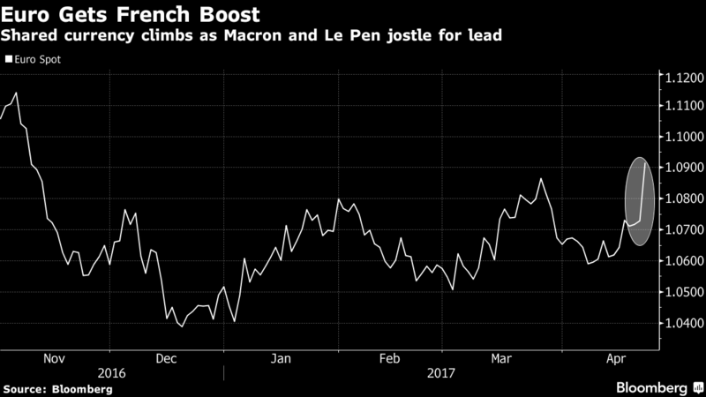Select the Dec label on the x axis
click(x=167, y=359)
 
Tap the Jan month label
click(x=281, y=359)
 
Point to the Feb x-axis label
click(x=389, y=359)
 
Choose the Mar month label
click(x=500, y=359)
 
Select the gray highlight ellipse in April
click(x=640, y=201)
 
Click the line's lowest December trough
click(x=182, y=326)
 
